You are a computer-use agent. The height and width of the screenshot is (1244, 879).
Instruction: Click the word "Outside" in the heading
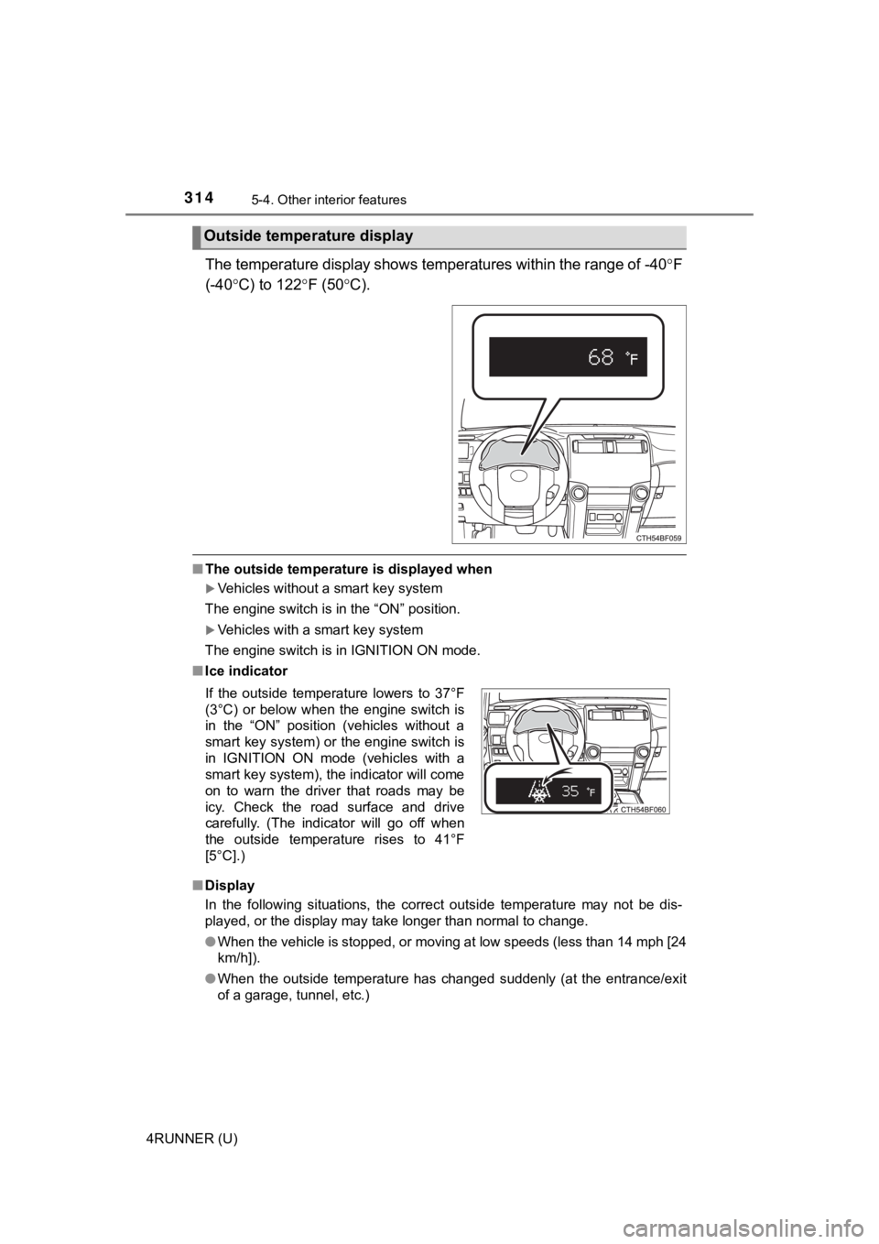click(229, 236)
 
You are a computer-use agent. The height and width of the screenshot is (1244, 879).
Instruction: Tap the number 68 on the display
click(601, 357)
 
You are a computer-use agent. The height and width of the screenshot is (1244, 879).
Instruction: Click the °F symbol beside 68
click(631, 359)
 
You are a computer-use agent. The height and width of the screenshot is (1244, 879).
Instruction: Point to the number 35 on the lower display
click(570, 791)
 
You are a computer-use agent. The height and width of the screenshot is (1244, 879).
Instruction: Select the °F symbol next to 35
click(591, 791)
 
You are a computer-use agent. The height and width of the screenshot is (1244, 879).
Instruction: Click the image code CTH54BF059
click(658, 539)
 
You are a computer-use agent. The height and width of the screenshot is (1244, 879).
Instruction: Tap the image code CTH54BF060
click(643, 810)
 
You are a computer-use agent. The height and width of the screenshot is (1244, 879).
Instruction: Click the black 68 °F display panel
click(568, 357)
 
